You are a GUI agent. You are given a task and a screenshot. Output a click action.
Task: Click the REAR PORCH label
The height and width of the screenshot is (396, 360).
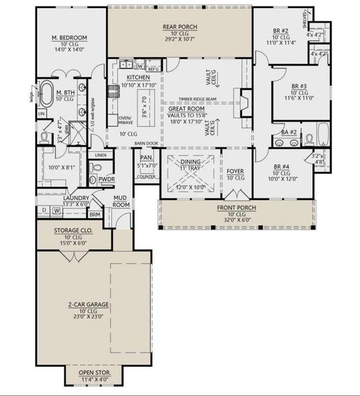(180, 27)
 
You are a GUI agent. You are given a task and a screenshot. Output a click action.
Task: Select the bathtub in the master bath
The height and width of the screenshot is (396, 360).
(50, 94)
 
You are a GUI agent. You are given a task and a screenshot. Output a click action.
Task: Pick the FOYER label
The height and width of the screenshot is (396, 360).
(235, 171)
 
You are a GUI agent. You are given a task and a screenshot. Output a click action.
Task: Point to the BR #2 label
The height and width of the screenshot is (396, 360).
(281, 31)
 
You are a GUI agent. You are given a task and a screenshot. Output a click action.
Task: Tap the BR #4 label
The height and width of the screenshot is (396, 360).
(284, 167)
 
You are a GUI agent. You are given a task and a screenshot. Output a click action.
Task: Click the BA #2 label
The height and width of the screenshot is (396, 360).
(288, 132)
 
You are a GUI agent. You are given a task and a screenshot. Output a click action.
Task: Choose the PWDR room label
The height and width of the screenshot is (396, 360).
(107, 179)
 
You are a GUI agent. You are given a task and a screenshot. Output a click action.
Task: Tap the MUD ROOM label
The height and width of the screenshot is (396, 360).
(120, 201)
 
